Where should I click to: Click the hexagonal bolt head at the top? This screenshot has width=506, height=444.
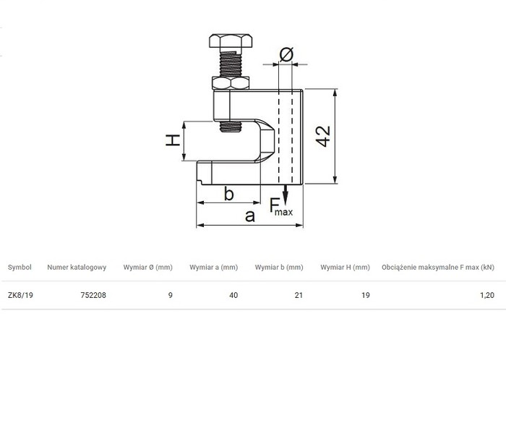231,41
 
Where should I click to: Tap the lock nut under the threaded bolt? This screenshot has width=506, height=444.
231,83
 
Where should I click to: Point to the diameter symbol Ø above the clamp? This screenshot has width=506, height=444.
286,54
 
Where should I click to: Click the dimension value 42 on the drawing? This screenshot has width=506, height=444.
323,136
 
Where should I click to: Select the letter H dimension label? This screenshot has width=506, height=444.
173,140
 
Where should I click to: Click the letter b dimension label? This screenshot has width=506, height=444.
229,194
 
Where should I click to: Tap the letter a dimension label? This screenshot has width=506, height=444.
250,216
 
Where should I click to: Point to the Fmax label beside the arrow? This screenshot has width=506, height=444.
281,207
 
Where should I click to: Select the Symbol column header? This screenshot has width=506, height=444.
20,268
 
